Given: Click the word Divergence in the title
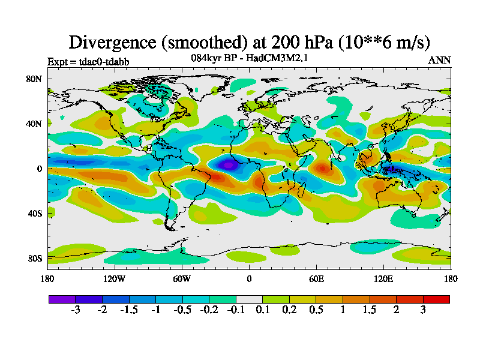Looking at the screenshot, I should [x=114, y=42].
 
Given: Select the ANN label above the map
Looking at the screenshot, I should [x=439, y=60].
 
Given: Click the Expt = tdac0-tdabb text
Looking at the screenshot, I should [x=88, y=61].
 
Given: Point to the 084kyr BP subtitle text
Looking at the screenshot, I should [x=215, y=58].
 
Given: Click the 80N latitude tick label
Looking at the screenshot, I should [x=34, y=79].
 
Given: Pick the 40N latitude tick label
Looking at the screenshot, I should [x=34, y=124].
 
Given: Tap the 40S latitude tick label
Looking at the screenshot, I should [x=34, y=214].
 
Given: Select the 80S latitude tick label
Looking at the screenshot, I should [x=34, y=259].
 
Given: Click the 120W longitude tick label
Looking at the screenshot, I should [x=114, y=278].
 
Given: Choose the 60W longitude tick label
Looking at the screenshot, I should [x=182, y=278].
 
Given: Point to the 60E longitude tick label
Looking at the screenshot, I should [x=316, y=278].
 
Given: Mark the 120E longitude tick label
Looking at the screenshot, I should [x=383, y=278].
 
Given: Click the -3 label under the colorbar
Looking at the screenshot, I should [x=76, y=310].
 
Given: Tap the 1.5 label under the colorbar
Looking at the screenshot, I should [x=370, y=310].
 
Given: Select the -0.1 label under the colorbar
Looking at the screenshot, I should [x=236, y=310].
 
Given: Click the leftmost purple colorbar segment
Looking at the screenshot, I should [x=62, y=299].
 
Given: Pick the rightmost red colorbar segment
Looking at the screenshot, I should [x=436, y=299].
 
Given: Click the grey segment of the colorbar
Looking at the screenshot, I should [x=249, y=299].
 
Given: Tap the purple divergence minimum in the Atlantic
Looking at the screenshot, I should [x=228, y=164].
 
